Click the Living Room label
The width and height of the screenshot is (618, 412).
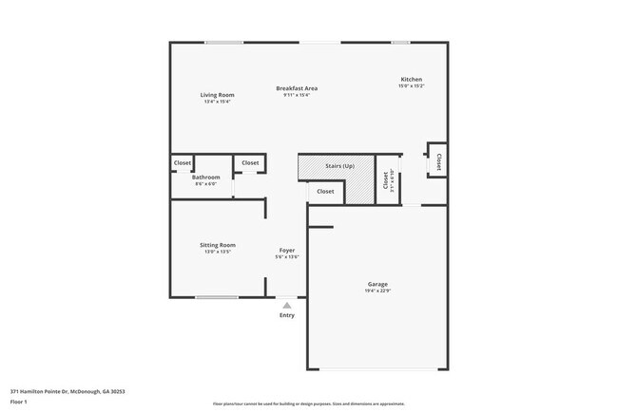click(x=217, y=95)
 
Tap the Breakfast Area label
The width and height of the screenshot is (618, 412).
click(x=297, y=88)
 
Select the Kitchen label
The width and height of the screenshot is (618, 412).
click(x=411, y=80)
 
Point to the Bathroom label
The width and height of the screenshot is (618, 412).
click(x=206, y=178)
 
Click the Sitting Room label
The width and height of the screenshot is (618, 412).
click(x=217, y=245)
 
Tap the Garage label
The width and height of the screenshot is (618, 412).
click(x=377, y=284)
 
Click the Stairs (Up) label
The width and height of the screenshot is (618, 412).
click(x=339, y=166)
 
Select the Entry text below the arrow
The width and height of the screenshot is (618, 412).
click(x=286, y=315)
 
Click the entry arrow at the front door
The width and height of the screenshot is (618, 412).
click(x=286, y=304)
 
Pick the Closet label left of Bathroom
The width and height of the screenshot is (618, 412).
click(x=183, y=163)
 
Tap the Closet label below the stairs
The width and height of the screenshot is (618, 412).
click(x=325, y=192)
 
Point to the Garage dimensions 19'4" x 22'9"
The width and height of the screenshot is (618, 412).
click(x=377, y=291)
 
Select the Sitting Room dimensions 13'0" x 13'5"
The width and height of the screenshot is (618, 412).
click(x=217, y=253)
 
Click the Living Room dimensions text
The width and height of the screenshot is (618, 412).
click(x=217, y=102)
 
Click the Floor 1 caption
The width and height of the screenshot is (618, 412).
click(x=19, y=402)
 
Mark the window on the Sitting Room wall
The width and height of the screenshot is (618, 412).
click(x=217, y=298)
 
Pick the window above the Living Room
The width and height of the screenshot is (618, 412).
click(x=224, y=42)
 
